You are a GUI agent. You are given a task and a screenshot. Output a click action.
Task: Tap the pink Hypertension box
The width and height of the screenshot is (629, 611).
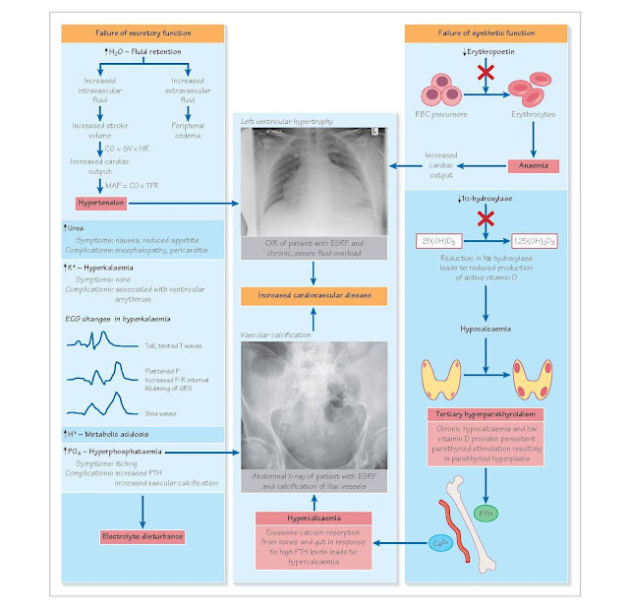click(101, 202)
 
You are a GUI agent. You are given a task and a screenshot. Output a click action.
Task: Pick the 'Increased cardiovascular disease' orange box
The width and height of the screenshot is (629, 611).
click(312, 295)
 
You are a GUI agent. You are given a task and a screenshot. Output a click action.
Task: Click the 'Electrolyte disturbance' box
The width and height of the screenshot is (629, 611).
click(143, 536)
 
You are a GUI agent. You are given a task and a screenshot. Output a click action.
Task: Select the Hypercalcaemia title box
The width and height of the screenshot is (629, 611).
click(312, 519)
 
